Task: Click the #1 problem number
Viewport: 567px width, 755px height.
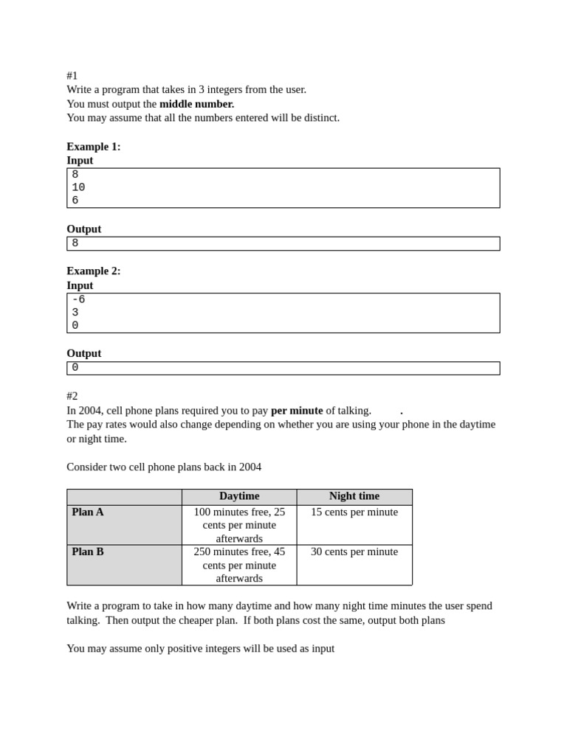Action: [x=72, y=75]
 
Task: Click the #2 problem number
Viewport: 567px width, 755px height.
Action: [x=72, y=396]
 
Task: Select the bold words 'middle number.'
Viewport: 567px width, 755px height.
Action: [x=196, y=104]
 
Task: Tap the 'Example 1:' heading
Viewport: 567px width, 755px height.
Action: [x=94, y=146]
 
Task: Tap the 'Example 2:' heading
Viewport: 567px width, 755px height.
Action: [x=94, y=271]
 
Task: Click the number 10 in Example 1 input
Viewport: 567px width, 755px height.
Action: [x=78, y=187]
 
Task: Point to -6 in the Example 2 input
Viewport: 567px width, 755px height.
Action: [x=78, y=299]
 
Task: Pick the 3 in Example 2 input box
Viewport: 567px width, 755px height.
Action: [x=75, y=313]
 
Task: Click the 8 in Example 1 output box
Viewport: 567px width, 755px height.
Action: [x=75, y=243]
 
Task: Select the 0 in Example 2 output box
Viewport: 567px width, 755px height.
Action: [x=75, y=368]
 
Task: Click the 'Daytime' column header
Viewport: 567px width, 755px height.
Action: [x=239, y=496]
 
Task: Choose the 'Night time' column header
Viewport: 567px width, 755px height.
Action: [x=354, y=496]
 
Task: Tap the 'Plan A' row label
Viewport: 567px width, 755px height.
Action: [x=88, y=512]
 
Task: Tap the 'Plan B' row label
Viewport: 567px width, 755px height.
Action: [x=88, y=552]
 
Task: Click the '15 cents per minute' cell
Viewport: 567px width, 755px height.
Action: [x=354, y=512]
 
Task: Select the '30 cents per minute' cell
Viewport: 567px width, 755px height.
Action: [x=354, y=552]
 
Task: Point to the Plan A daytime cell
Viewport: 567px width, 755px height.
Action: [x=239, y=525]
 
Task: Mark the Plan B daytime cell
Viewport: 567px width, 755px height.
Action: [x=239, y=565]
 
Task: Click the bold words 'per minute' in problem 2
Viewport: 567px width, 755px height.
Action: [x=297, y=410]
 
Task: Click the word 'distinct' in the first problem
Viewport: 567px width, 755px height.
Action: [x=319, y=118]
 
